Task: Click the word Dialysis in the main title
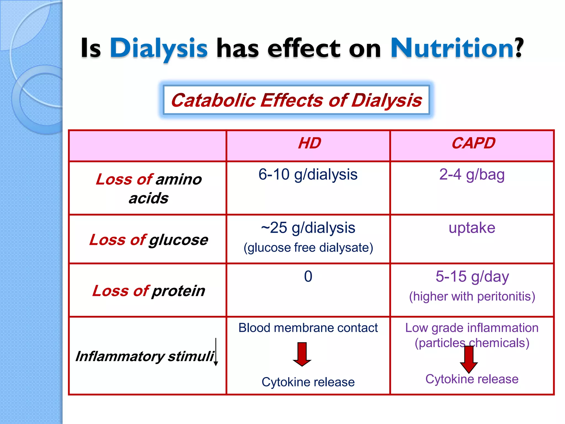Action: [159, 48]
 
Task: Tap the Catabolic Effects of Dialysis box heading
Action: [296, 100]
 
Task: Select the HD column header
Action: [309, 143]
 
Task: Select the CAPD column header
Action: [473, 143]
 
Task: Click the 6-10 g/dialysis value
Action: [308, 174]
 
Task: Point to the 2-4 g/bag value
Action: [472, 174]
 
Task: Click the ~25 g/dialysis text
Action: [308, 228]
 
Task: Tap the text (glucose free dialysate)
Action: [308, 247]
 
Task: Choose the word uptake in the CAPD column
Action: [472, 228]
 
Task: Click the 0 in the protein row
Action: [308, 276]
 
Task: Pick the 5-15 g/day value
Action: [472, 276]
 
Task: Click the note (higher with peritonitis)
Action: [472, 296]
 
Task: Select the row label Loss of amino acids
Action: [148, 188]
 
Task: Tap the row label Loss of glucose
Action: [148, 240]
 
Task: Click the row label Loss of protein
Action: [148, 291]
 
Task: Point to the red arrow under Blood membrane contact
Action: [302, 354]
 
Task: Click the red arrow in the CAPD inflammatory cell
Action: [469, 359]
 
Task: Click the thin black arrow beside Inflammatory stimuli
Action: [216, 352]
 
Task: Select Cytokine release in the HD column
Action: [308, 382]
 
